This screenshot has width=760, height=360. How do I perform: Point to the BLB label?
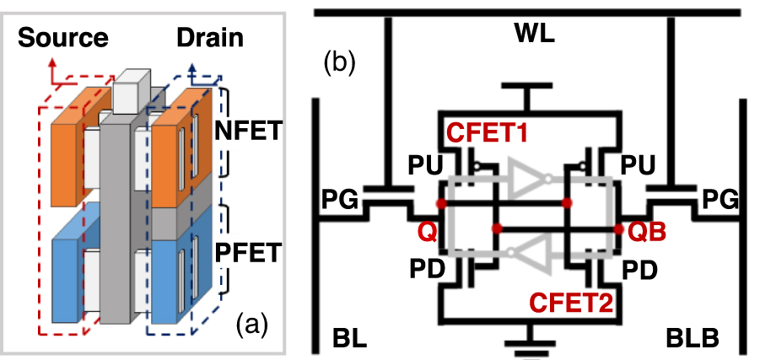[x=690, y=338]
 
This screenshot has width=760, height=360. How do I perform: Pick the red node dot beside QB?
[x=619, y=228]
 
